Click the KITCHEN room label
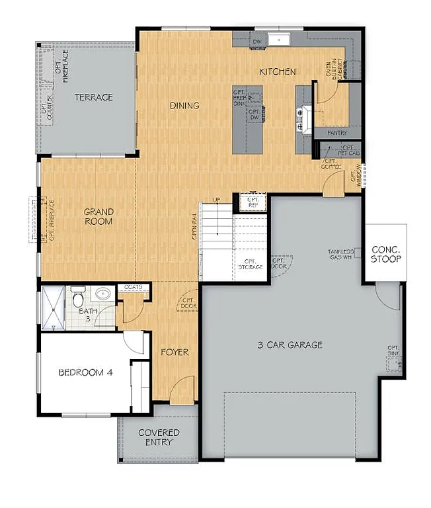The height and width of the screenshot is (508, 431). tap(277, 71)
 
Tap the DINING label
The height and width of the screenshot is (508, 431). tap(184, 106)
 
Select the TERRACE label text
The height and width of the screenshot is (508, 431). tap(93, 97)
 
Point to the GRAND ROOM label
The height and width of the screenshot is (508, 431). tap(98, 217)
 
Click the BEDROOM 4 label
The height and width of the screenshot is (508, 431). tap(85, 372)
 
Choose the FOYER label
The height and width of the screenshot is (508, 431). tap(175, 353)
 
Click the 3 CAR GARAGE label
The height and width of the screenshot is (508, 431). tap(290, 345)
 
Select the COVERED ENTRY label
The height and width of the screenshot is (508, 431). tap(159, 437)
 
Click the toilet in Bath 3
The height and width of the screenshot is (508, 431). tap(78, 293)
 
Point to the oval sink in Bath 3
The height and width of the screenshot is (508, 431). tap(102, 293)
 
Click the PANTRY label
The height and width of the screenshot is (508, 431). tap(336, 133)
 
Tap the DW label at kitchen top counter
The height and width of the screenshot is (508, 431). tap(257, 41)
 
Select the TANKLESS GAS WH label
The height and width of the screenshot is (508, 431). tap(340, 255)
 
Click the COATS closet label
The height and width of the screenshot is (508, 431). tap(134, 287)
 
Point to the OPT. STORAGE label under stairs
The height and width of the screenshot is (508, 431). tap(251, 264)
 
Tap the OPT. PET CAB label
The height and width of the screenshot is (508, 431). tap(348, 150)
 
